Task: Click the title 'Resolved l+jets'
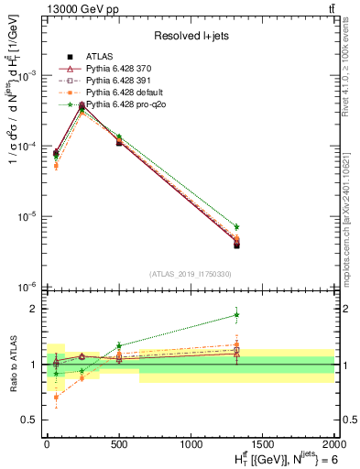190,35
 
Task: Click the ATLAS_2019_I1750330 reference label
190,274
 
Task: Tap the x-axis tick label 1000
191,444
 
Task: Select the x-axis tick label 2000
334,444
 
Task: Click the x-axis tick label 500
119,444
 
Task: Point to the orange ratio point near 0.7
57,398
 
